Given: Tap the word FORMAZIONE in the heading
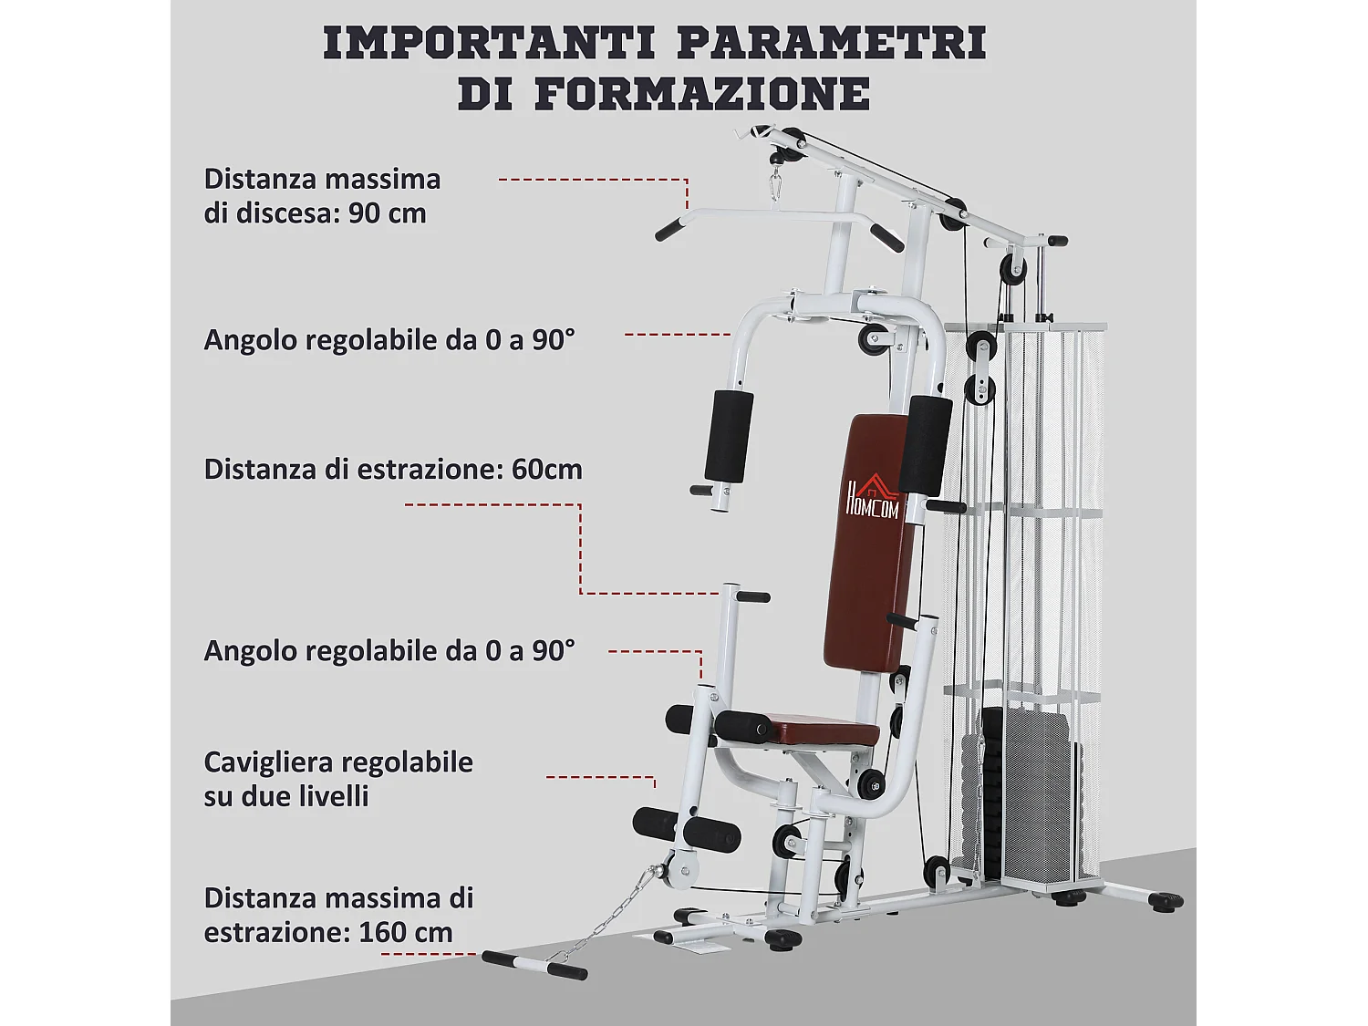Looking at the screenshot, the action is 701,94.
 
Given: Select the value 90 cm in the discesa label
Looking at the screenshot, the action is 387,213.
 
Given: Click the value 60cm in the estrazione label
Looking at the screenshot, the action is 546,469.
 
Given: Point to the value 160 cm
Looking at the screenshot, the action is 406,932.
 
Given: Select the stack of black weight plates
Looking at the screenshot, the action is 1022,796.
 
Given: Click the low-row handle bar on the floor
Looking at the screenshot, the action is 534,965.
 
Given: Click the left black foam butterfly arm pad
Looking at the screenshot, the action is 729,436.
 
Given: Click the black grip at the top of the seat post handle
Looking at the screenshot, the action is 753,596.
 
